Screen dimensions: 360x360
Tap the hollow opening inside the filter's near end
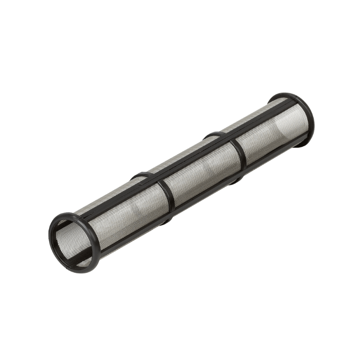click(72, 243)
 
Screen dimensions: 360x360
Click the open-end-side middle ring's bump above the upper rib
click(139, 175)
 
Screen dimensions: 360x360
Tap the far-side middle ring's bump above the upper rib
click(213, 134)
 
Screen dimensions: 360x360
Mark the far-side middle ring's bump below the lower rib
click(236, 181)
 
